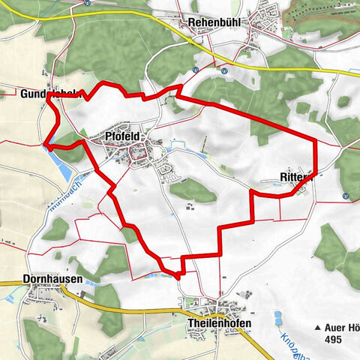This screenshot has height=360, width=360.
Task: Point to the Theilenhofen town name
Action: pyautogui.click(x=216, y=323)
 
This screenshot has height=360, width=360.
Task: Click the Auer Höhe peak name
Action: pyautogui.click(x=341, y=327)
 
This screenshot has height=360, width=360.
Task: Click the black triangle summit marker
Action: pyautogui.click(x=318, y=328)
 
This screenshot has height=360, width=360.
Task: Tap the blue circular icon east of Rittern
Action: pyautogui.click(x=346, y=196)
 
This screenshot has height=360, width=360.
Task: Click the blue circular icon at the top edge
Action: pyautogui.click(x=88, y=3)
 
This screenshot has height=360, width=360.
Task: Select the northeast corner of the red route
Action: pyautogui.click(x=316, y=140)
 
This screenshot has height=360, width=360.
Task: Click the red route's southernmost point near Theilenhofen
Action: pyautogui.click(x=178, y=276)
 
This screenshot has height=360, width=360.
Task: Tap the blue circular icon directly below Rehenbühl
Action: pyautogui.click(x=195, y=70)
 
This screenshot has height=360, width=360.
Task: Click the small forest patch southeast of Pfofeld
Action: pyautogui.click(x=193, y=189)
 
